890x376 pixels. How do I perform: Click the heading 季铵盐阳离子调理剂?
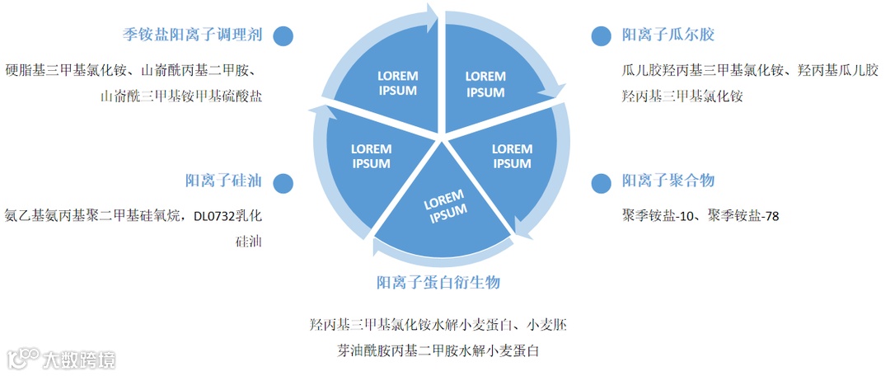[x=192, y=35]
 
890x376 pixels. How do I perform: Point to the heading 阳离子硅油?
[x=223, y=181]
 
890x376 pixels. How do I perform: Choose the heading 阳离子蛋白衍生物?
[x=438, y=283]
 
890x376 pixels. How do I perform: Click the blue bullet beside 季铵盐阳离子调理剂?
[x=283, y=35]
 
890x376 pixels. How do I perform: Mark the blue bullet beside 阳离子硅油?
[x=283, y=181]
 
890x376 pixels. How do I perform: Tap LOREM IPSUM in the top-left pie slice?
[x=397, y=82]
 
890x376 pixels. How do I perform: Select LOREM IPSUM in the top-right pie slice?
[x=485, y=83]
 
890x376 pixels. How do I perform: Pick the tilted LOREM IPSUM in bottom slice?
[x=446, y=205]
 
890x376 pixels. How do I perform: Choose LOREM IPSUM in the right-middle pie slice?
[x=512, y=156]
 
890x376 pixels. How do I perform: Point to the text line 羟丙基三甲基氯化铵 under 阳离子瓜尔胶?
[x=682, y=96]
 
